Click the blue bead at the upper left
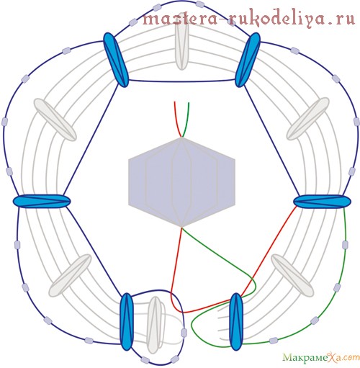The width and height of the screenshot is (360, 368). [x=116, y=60]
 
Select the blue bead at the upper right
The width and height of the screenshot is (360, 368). [x=248, y=60]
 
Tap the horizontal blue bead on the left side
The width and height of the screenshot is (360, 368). [x=42, y=201]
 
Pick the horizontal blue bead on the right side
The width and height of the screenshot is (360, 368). [x=322, y=201]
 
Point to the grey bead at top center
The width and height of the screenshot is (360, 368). [x=181, y=47]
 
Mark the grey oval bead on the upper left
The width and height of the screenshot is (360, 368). [x=55, y=120]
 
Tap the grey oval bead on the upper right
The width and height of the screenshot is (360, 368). [x=308, y=119]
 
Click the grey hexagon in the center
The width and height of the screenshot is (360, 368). [x=181, y=182]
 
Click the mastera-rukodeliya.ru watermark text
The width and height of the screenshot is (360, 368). [x=249, y=18]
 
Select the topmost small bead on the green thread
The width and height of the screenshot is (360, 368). [x=345, y=244]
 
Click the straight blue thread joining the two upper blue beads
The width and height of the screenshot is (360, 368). [x=181, y=81]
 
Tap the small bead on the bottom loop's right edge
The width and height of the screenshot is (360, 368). [x=184, y=333]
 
